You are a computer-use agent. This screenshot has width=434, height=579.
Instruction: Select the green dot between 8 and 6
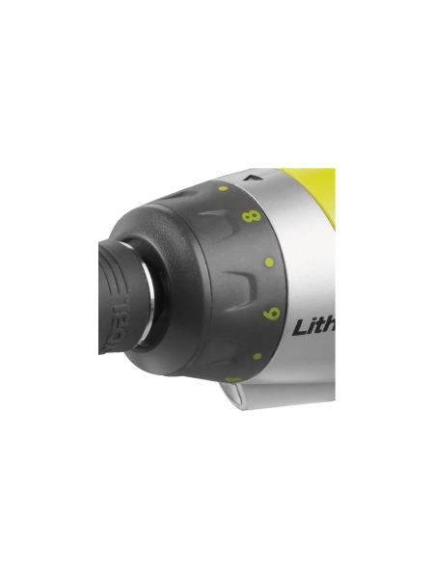coord(267,262)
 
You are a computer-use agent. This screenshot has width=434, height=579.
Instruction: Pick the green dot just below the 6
coord(258,355)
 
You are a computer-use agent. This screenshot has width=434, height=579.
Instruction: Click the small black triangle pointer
coord(255,178)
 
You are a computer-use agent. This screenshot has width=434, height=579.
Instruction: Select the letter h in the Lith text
coord(330,325)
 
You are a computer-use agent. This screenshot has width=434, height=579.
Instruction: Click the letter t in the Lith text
coord(320,326)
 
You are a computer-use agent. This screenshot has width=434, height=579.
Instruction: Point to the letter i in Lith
coord(312,326)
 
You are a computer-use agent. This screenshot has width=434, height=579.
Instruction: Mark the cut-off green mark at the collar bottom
coord(231,379)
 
